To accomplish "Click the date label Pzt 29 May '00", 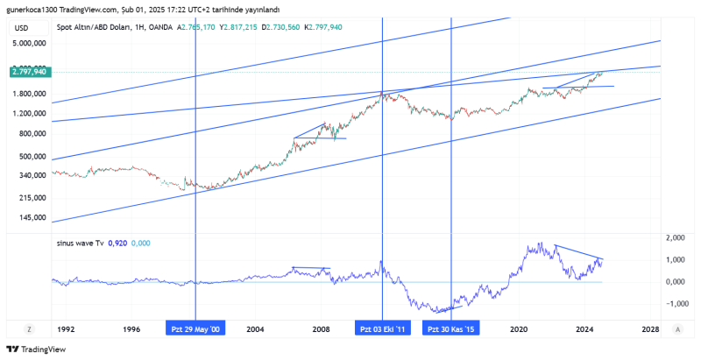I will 195,329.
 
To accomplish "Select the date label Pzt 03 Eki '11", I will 383,329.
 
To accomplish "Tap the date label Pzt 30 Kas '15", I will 450,329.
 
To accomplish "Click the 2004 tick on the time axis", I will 255,329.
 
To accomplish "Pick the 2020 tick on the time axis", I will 520,329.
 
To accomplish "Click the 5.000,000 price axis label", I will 29,43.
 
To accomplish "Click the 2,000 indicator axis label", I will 675,238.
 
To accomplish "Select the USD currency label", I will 22,28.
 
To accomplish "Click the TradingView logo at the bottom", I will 39,349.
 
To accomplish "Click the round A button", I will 678,329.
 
